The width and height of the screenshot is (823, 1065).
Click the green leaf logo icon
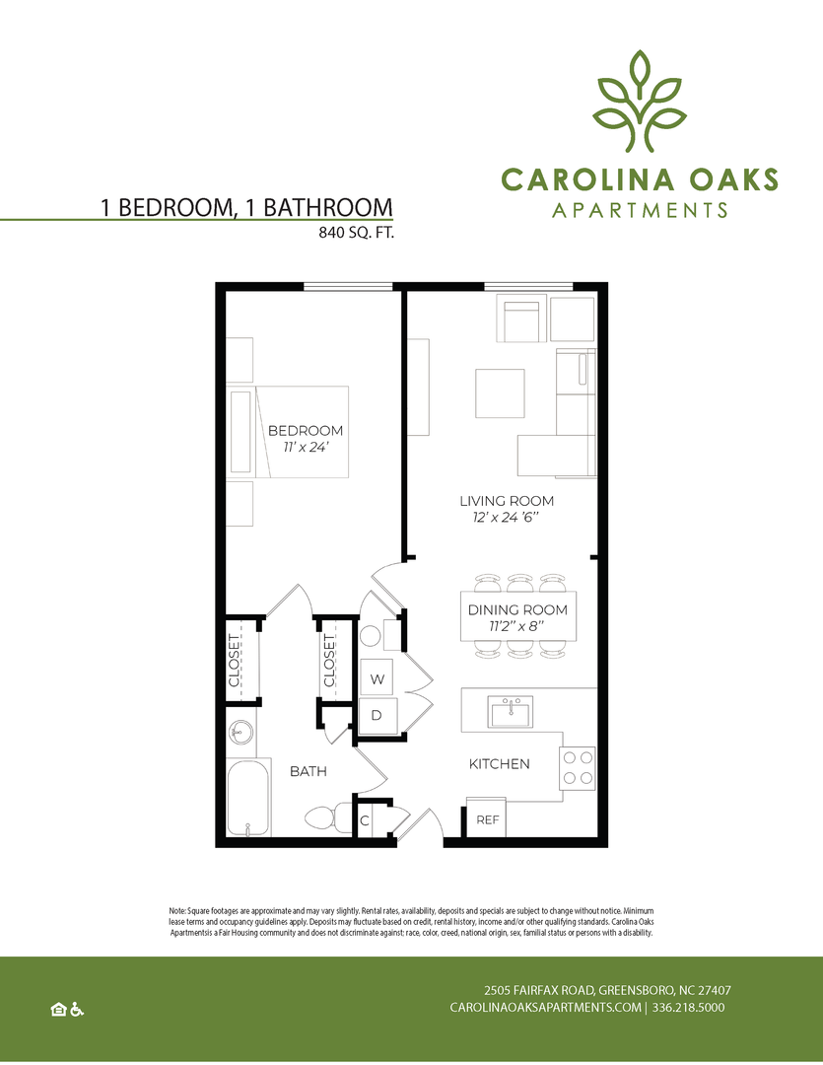click(639, 102)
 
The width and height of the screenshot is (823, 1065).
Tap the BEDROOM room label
click(306, 431)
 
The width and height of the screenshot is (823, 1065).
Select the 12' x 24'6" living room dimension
click(506, 518)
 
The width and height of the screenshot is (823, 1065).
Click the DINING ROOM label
click(517, 610)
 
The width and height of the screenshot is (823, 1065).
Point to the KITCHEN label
click(499, 764)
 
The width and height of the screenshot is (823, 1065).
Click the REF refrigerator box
click(486, 817)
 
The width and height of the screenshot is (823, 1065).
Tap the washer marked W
click(378, 678)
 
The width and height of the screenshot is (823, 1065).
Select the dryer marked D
click(378, 715)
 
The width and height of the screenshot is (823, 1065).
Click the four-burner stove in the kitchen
click(578, 768)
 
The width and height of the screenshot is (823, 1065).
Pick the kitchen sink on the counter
click(511, 712)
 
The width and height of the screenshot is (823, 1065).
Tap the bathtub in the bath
click(248, 798)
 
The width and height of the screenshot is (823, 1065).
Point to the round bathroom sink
click(240, 734)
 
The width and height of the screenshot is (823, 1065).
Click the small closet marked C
click(365, 820)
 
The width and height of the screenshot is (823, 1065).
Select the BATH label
click(309, 771)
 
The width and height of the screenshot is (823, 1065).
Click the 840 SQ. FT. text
click(357, 233)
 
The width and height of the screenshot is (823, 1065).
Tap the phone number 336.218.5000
click(688, 1007)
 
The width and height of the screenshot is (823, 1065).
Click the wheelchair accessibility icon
click(77, 1010)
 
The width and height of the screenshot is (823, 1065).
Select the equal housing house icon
click(58, 1010)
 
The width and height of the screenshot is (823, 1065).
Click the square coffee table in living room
click(500, 393)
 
